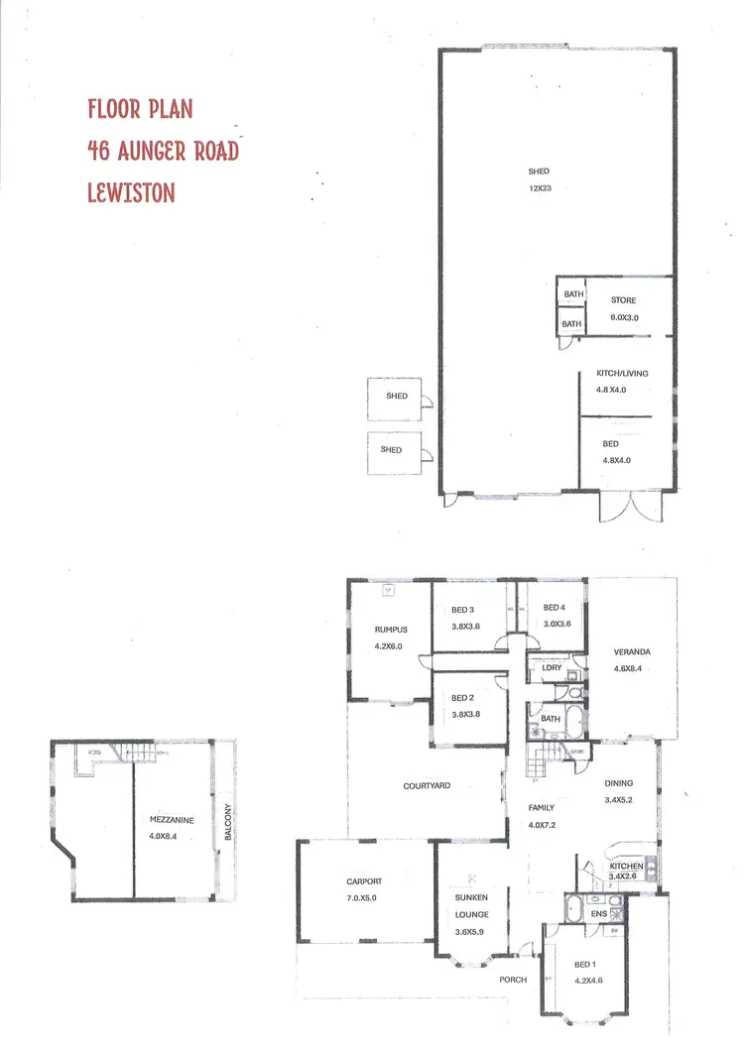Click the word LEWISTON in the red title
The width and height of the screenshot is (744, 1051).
tap(131, 192)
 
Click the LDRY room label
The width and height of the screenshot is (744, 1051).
tap(552, 668)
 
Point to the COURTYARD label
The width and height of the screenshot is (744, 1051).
tap(427, 785)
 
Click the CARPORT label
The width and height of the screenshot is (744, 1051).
tap(364, 881)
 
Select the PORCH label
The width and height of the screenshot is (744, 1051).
tap(513, 980)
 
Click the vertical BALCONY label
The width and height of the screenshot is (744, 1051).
tap(227, 822)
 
